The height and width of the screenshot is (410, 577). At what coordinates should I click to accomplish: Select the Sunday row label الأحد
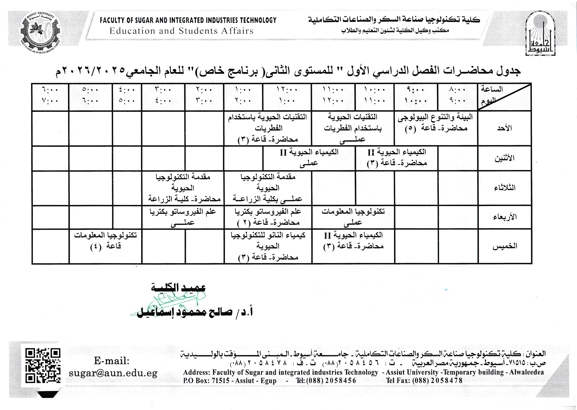coord(504,128)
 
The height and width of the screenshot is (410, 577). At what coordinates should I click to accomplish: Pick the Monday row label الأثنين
coord(504,158)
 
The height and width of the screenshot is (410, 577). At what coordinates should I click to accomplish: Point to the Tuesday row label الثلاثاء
coord(504,188)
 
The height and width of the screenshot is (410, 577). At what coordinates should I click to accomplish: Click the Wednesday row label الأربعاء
coord(504,217)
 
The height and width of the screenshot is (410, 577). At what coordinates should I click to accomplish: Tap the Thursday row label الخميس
coord(504,246)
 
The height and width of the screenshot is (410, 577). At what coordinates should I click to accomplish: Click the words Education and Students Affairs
coord(181,31)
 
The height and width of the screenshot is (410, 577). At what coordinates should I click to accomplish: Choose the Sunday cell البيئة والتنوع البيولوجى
coord(435,123)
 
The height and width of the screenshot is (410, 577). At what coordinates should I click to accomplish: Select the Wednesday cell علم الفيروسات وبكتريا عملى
coord(183,217)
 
